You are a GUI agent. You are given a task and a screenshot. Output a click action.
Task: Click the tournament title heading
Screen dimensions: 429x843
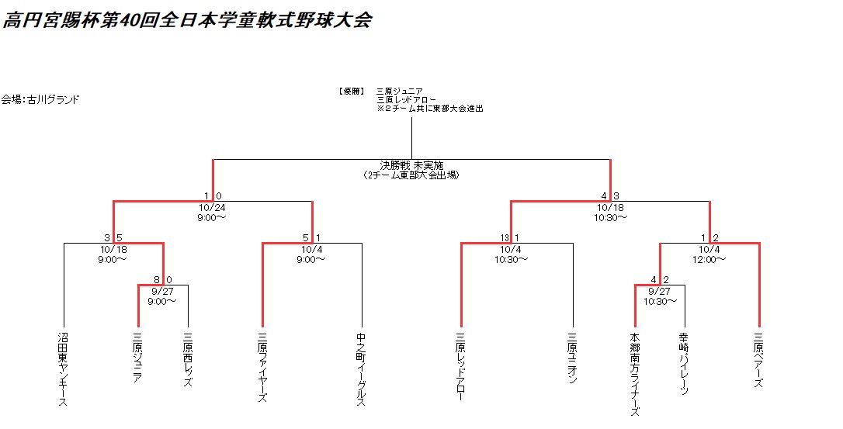click(187, 20)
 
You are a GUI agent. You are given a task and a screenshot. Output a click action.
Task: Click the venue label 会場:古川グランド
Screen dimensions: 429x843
click(40, 99)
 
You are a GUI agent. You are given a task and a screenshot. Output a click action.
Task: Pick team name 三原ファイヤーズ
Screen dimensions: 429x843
click(262, 368)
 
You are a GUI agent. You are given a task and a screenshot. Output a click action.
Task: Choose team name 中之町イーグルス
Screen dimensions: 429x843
click(362, 369)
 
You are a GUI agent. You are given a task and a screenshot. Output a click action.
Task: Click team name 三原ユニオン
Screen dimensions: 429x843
click(573, 355)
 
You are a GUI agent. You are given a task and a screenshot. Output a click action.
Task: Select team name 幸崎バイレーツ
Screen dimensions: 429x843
click(685, 365)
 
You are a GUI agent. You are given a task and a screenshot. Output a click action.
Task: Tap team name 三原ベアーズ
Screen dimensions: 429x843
click(759, 361)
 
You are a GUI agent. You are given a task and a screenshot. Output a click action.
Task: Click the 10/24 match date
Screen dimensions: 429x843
click(212, 207)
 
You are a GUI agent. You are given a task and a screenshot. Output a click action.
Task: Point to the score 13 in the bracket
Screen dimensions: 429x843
click(505, 237)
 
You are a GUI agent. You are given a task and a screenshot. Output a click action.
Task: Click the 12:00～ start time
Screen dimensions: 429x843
click(709, 259)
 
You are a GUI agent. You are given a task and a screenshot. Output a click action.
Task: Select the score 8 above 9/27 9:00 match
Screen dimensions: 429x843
click(157, 279)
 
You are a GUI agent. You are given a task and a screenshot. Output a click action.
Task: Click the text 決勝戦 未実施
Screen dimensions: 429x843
click(411, 164)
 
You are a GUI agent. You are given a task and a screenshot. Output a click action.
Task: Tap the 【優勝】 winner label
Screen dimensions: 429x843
click(352, 91)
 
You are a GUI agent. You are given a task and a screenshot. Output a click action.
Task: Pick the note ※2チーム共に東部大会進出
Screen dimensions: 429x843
click(429, 109)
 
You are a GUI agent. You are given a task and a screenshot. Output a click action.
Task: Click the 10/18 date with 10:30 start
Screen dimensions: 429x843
click(610, 207)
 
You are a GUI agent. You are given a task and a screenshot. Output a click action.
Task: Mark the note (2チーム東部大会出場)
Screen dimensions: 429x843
click(411, 175)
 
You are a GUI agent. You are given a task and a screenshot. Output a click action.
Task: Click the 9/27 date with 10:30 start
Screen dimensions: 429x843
click(660, 290)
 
